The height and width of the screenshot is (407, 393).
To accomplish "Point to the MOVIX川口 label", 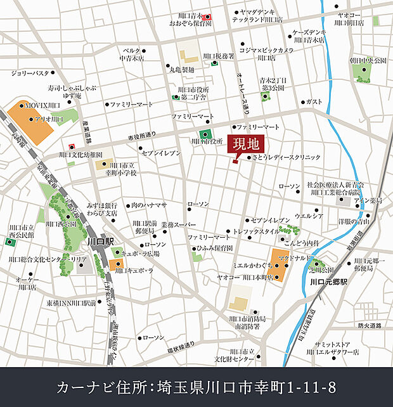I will coord(42,105).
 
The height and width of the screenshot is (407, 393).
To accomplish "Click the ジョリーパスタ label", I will coord(30,73).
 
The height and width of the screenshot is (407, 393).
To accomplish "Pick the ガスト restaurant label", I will coord(314,101).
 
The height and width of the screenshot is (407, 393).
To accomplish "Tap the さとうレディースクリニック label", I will coord(287,157).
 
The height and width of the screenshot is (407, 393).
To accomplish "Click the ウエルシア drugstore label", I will coord(309,216).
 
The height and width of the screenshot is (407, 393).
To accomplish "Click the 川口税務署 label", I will coord(221,56).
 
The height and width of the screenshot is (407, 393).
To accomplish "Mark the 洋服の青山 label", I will coord(354,221).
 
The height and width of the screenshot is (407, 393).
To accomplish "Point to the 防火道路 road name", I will coord(370,326).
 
